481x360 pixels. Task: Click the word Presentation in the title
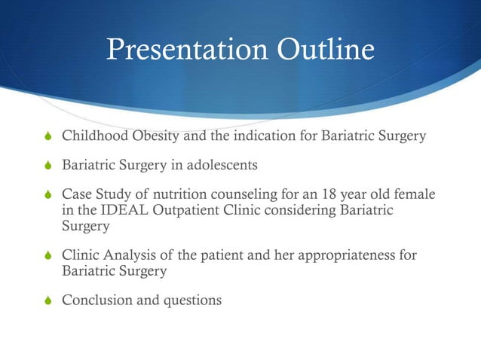click(x=180, y=50)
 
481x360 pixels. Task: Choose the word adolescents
click(x=229, y=164)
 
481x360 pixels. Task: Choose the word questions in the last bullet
click(x=192, y=300)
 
